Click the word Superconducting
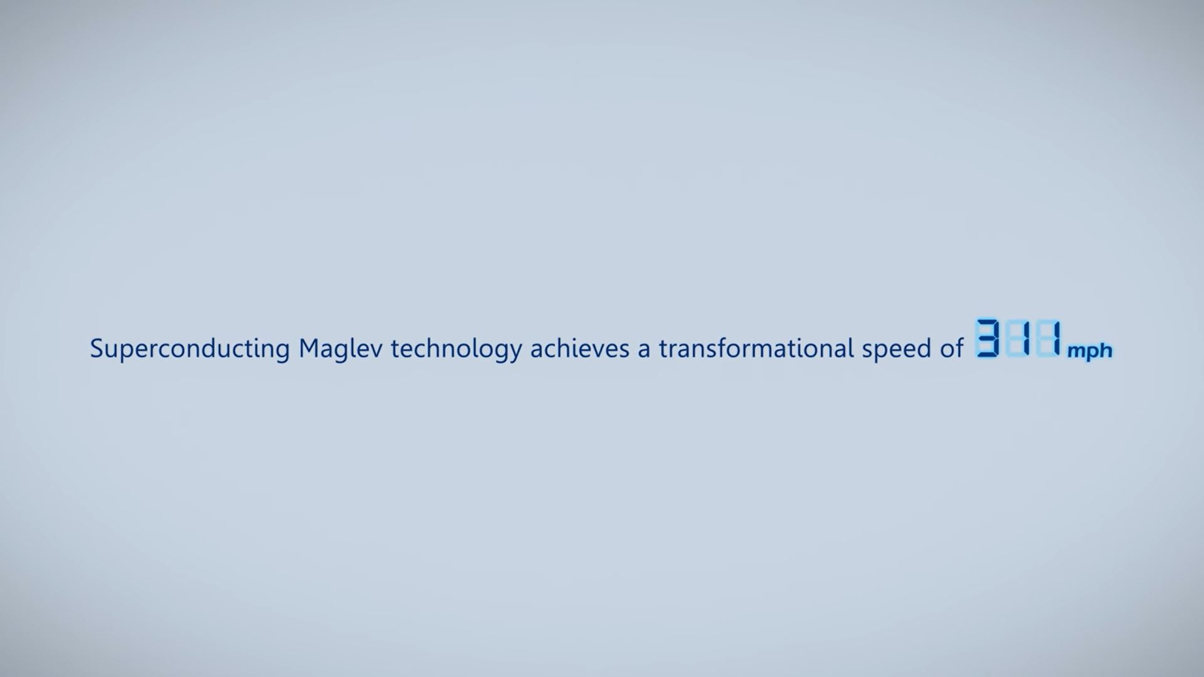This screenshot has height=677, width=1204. click(x=190, y=349)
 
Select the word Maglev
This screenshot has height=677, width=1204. click(x=341, y=349)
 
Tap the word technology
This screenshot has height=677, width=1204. click(x=457, y=349)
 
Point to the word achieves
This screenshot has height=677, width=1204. click(x=580, y=349)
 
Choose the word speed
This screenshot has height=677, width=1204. click(x=897, y=349)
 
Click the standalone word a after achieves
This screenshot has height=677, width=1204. click(x=644, y=352)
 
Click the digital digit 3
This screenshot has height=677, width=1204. click(x=988, y=338)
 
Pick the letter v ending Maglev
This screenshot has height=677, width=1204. click(x=376, y=352)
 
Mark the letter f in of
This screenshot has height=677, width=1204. click(x=959, y=349)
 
